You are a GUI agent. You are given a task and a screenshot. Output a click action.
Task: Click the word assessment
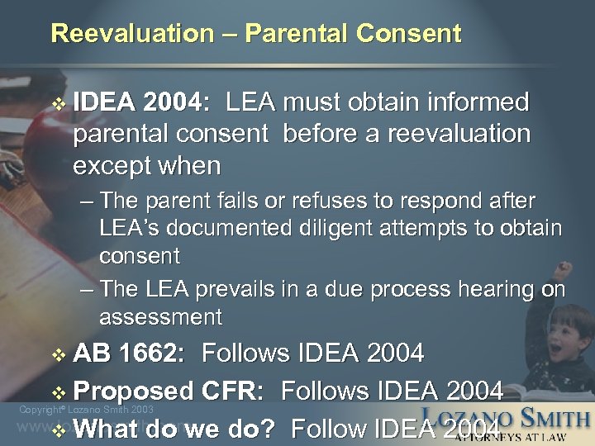click(160, 316)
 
